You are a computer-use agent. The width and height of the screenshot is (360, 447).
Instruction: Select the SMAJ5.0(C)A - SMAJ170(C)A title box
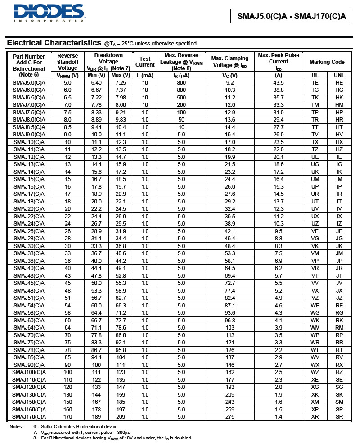(292, 17)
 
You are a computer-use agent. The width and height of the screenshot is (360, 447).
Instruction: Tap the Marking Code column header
(327, 62)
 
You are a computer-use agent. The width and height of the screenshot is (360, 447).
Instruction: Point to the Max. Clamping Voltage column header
(230, 62)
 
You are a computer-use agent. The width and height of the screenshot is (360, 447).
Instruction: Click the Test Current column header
(145, 62)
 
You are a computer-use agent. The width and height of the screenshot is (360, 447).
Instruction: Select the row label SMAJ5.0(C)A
(29, 83)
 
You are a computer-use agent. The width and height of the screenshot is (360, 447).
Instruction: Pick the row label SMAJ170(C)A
(29, 416)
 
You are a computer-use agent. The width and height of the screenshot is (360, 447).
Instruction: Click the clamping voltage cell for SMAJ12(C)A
(230, 157)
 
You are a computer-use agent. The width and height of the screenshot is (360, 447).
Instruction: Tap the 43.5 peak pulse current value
(279, 83)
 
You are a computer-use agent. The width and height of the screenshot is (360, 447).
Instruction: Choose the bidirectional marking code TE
(315, 83)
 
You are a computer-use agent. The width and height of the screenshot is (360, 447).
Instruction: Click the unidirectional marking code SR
(339, 416)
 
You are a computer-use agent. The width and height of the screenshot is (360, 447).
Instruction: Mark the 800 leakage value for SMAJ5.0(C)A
(181, 83)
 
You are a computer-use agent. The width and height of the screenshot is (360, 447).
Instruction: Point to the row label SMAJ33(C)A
(29, 253)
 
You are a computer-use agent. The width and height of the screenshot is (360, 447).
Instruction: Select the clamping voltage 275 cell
(230, 416)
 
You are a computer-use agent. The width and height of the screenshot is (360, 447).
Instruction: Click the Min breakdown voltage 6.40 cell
(97, 83)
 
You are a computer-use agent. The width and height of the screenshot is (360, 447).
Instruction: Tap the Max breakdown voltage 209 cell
(121, 416)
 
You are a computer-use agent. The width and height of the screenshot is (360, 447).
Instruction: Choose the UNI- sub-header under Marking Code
(339, 75)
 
